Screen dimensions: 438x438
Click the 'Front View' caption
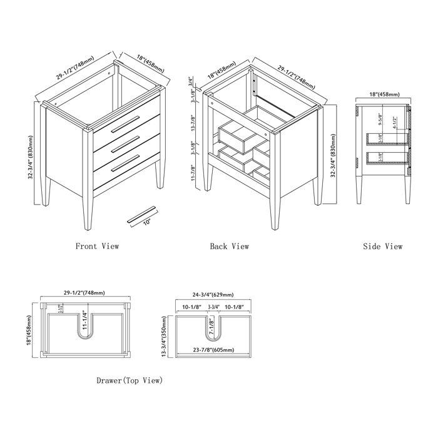[97, 247]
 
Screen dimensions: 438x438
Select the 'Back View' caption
[230, 247]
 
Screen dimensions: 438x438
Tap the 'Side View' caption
[382, 247]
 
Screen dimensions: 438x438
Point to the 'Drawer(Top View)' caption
[130, 380]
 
